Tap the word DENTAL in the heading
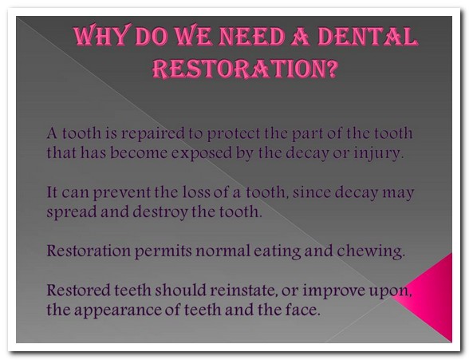pyautogui.click(x=367, y=37)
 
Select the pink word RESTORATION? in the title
pyautogui.click(x=246, y=68)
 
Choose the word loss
pyautogui.click(x=196, y=192)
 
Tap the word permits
pyautogui.click(x=163, y=251)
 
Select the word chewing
pyautogui.click(x=371, y=251)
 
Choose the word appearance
pyautogui.click(x=118, y=311)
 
